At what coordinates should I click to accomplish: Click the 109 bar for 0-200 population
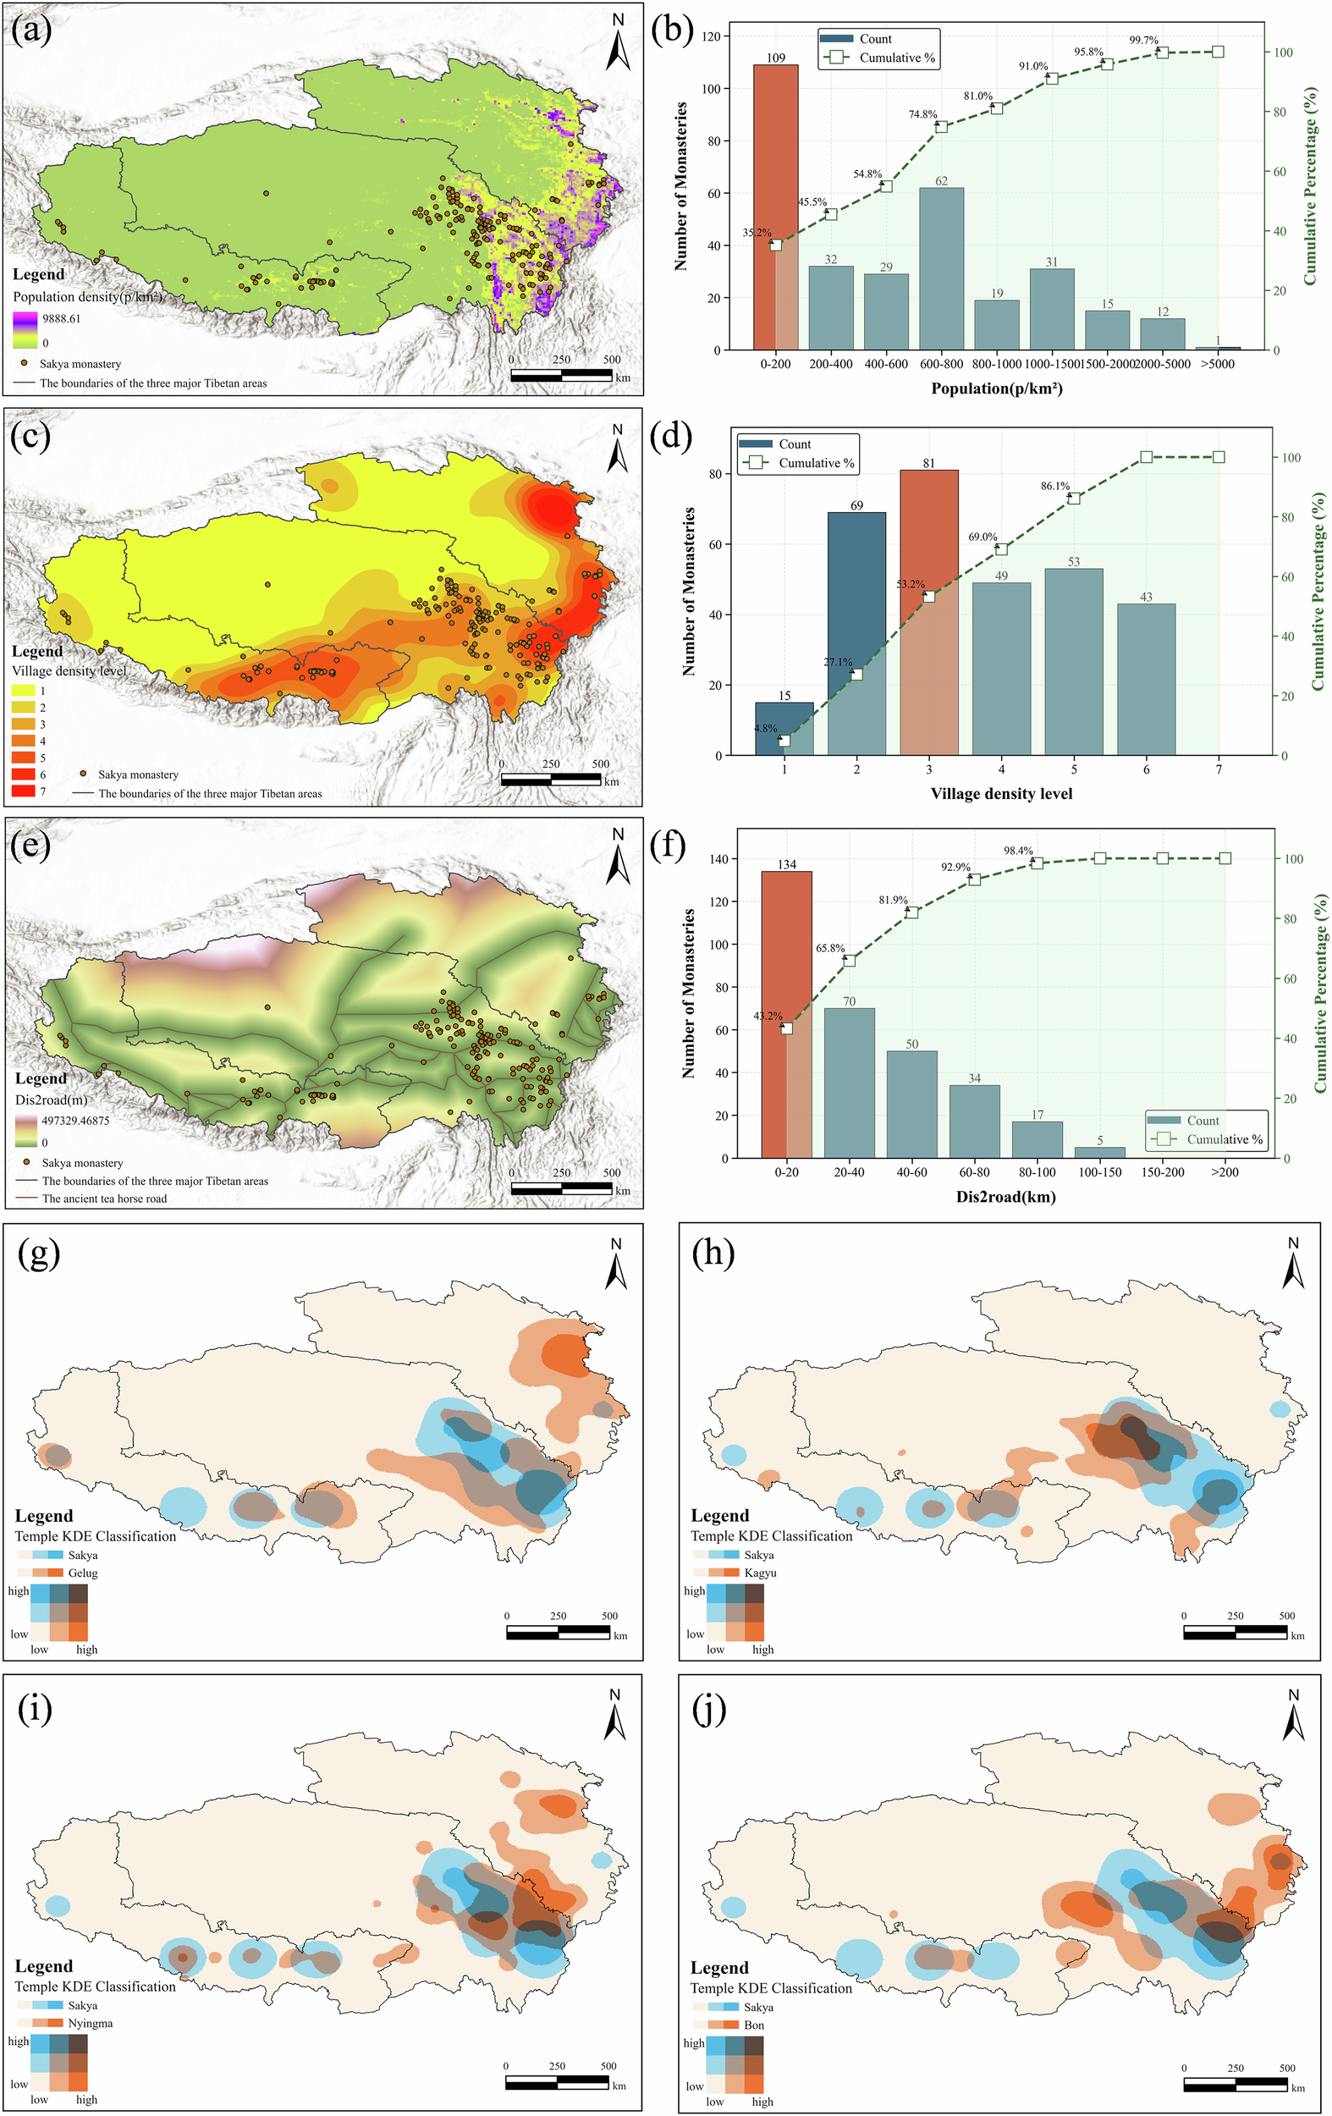coord(775,207)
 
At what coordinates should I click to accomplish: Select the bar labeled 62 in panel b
coord(941,268)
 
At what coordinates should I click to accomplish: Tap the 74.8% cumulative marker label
coord(922,114)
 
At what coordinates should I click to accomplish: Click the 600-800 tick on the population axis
coord(941,364)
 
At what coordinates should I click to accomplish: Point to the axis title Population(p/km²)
coord(996,388)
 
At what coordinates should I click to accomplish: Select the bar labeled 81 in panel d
coord(928,612)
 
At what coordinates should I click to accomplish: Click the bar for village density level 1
coord(784,729)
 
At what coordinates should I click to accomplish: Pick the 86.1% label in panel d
coord(1055,485)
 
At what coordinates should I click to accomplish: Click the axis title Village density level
coord(1001,794)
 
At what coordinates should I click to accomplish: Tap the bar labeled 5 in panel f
coord(1099,1152)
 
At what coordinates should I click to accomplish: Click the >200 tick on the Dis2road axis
coord(1225,1172)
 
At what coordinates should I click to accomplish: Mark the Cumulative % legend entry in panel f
coord(1224,1139)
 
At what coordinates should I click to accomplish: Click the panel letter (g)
coord(39,1254)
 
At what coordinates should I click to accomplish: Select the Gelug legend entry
coord(83,1572)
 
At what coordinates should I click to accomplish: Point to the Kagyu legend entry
coord(760,1572)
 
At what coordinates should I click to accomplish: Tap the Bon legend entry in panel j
coord(754,2024)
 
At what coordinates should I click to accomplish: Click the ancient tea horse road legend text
coord(104,1199)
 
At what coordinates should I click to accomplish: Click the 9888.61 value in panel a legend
coord(62,318)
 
